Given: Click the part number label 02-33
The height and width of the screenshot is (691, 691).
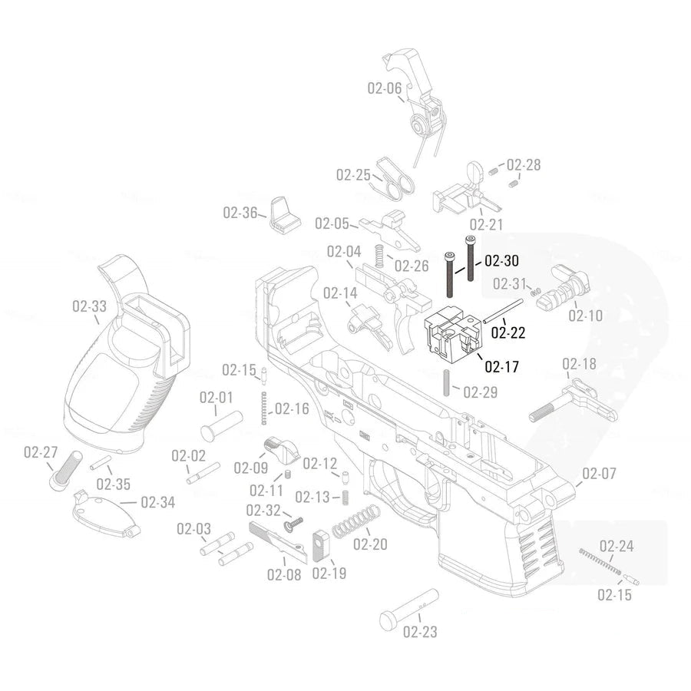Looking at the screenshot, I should click(89, 306).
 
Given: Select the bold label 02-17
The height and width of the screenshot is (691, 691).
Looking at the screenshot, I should click(502, 367).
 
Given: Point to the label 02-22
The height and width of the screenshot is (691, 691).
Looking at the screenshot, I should click(508, 332).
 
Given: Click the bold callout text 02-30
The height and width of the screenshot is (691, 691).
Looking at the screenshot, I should click(501, 261).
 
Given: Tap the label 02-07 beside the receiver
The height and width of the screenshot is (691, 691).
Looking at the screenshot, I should click(599, 473).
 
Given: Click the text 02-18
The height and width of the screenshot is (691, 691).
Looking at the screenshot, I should click(579, 364).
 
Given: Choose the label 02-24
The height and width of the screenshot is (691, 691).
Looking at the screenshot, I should click(616, 547).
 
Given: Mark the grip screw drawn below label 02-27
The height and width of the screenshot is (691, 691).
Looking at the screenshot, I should click(64, 468).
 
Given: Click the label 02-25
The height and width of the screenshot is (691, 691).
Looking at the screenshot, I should click(353, 174).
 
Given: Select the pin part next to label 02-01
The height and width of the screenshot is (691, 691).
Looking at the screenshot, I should click(222, 422).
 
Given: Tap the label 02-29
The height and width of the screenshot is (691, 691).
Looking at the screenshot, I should click(480, 392).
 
